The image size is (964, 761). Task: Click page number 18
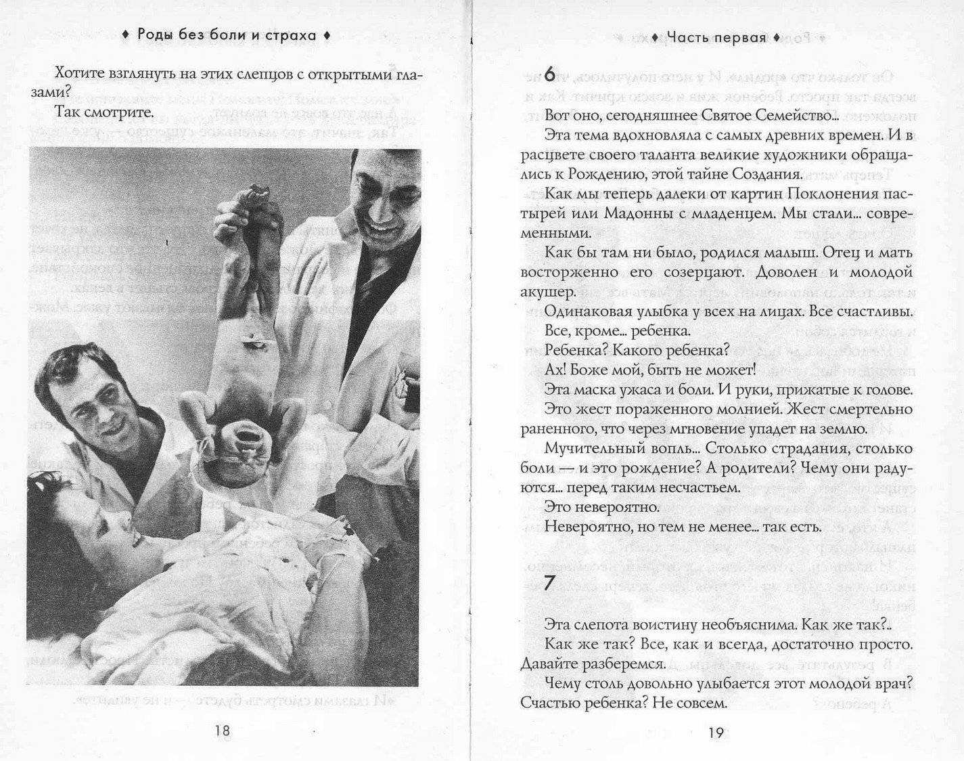point(222,730)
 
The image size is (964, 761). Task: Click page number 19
point(716,732)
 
